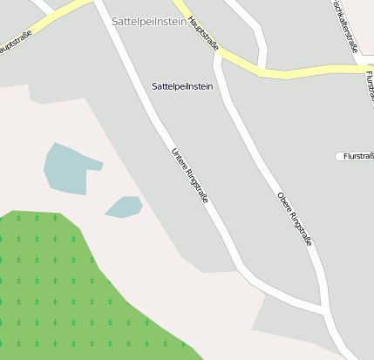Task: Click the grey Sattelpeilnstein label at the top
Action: point(149,21)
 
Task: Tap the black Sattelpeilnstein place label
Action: point(181,86)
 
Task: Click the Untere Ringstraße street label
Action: point(189,177)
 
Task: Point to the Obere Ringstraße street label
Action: point(295,219)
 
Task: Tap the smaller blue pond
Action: point(124,207)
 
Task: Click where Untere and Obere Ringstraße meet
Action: point(324,309)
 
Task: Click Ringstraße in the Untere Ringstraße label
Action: point(196,187)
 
